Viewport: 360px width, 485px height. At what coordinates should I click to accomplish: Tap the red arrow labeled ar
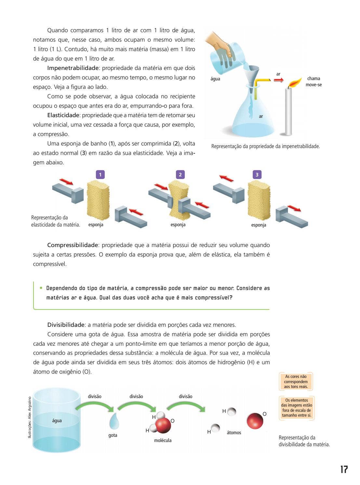coord(278,80)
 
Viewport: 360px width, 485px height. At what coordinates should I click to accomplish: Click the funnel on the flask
coord(253,75)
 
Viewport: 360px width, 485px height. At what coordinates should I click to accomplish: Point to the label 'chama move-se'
coord(313,81)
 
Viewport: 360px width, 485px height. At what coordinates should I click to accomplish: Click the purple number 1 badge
coord(100,175)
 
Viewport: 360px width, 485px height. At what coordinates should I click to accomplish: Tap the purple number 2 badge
coord(180,175)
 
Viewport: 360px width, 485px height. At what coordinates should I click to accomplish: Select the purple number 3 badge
coord(257,175)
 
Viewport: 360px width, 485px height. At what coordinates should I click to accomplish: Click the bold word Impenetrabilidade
coord(73,68)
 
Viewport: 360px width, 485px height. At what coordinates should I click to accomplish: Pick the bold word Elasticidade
coord(63,115)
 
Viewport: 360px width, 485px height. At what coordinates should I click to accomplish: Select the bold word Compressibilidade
coord(73,245)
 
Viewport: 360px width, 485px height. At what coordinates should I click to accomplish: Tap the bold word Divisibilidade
coord(66,325)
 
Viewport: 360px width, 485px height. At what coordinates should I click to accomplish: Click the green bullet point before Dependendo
coord(41,288)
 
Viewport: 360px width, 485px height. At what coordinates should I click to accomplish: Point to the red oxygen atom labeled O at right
coord(255,421)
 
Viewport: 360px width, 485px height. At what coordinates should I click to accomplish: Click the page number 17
coord(344,469)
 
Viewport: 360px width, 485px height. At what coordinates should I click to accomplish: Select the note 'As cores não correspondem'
coord(296,381)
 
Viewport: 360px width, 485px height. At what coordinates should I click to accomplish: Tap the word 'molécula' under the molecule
coord(163,440)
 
